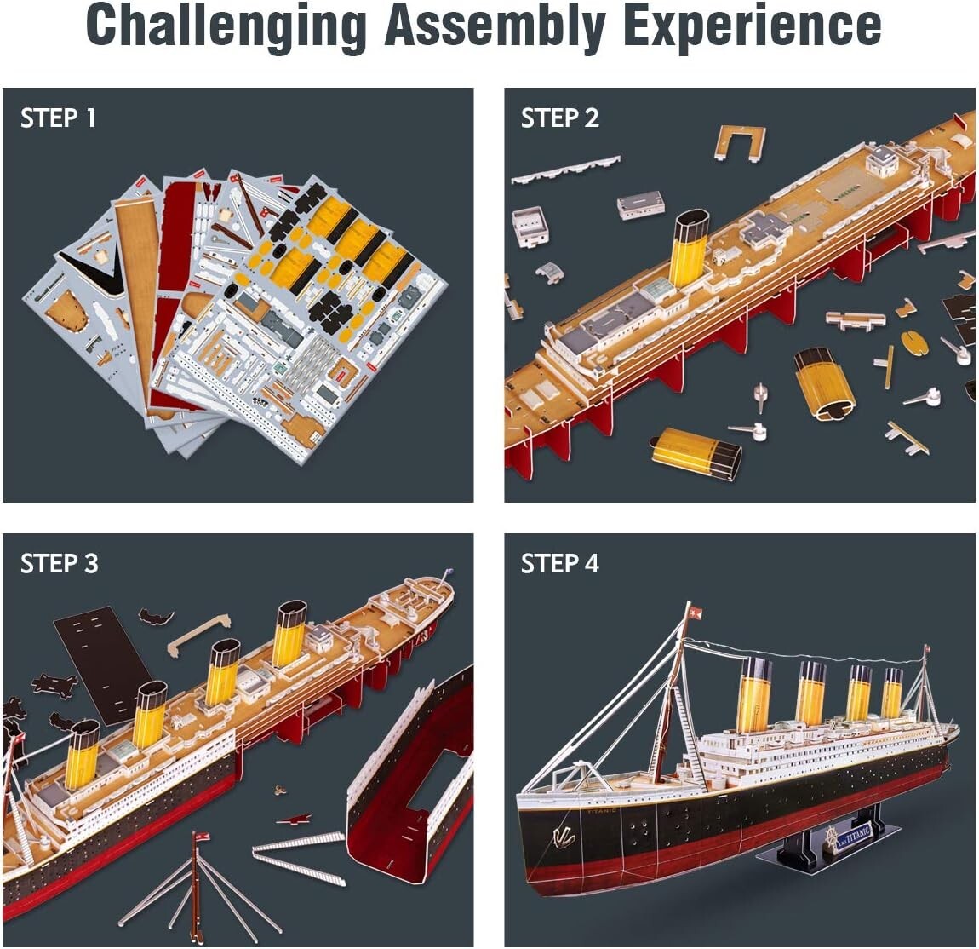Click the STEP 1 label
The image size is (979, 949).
58,118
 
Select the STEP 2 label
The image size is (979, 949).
559,118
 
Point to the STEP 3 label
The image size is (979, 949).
59,563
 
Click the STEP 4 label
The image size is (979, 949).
559,563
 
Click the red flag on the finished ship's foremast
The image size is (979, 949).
696,611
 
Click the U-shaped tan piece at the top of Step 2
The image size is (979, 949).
739,141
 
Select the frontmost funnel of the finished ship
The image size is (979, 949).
754,693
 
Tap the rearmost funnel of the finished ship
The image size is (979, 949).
892,692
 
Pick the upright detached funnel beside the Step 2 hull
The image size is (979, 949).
824,383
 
